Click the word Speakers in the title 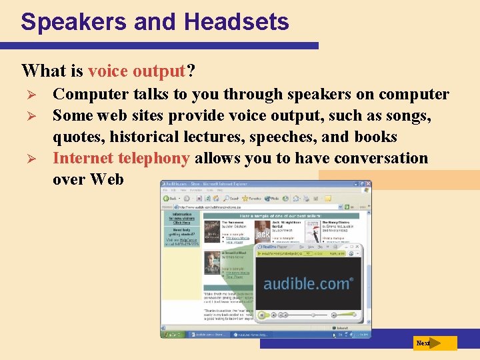[x=74, y=22]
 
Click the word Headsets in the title [x=237, y=22]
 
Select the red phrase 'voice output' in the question [x=136, y=71]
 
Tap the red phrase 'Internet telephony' [x=121, y=159]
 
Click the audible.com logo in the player [x=307, y=283]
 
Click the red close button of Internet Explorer [x=367, y=185]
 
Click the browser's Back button [x=171, y=198]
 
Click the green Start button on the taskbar [x=171, y=334]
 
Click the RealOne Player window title [x=279, y=247]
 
